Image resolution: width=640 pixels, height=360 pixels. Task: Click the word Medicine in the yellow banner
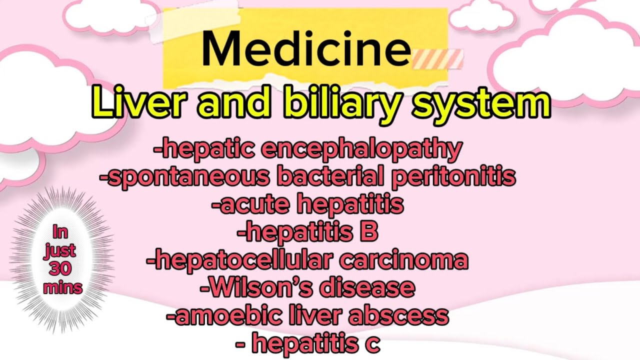306,49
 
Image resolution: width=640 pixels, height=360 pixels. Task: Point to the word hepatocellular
240,260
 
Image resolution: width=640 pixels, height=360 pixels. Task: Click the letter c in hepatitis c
372,343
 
